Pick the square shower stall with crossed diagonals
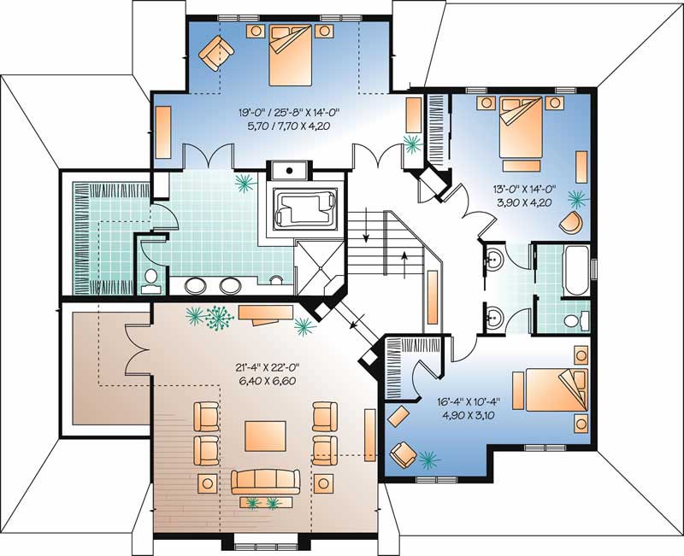point(319,265)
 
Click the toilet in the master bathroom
point(150,280)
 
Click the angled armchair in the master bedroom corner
point(215,53)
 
